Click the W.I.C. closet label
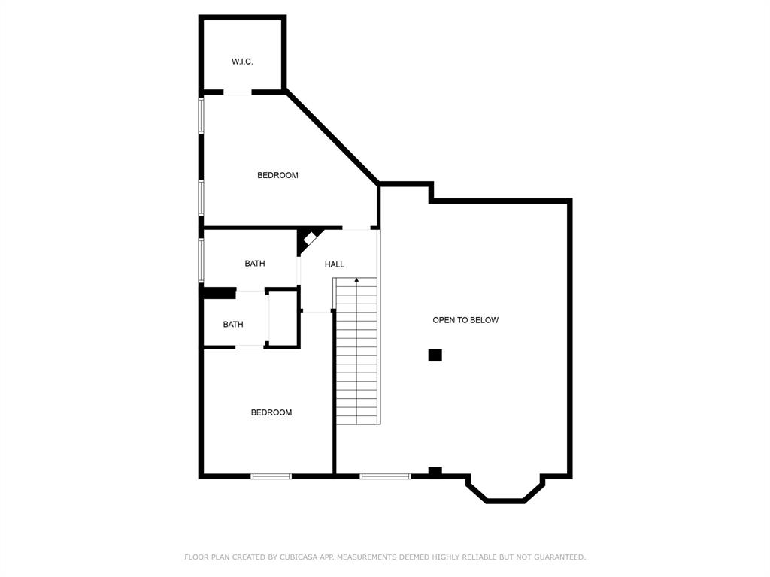[242, 62]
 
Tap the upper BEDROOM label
[277, 175]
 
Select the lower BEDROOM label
[271, 412]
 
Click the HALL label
[335, 264]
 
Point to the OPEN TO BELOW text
[465, 320]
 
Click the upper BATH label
[255, 264]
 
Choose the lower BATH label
[233, 325]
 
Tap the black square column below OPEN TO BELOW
[435, 355]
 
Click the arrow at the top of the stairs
[356, 281]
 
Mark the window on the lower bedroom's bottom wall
[271, 476]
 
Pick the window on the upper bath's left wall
[202, 260]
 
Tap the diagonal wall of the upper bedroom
[332, 137]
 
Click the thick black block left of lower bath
[218, 294]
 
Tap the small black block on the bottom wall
[435, 472]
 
